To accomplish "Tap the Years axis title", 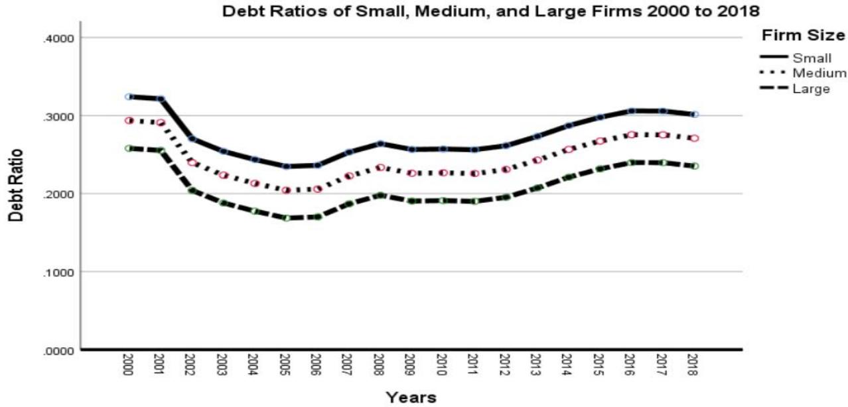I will coord(411,397).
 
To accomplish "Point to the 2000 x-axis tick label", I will coord(129,365).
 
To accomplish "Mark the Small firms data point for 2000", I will coord(129,97).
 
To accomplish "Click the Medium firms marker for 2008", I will coord(380,168).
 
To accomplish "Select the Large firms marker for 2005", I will coord(286,217).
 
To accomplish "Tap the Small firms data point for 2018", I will coord(694,115).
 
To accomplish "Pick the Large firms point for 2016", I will coord(631,162).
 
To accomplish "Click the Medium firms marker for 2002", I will coord(192,162).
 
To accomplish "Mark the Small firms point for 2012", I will coord(506,146).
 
